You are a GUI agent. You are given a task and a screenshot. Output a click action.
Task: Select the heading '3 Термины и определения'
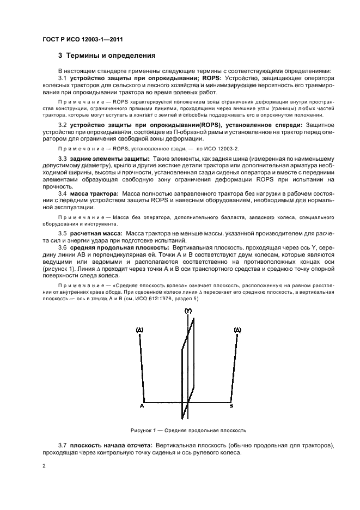point(107,56)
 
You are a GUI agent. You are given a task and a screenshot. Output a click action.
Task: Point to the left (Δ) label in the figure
point(139,330)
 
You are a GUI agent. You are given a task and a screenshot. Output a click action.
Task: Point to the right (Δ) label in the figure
point(237,330)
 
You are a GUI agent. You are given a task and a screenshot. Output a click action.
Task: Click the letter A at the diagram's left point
point(142,406)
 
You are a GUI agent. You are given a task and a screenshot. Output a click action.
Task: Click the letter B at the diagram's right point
point(231,406)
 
